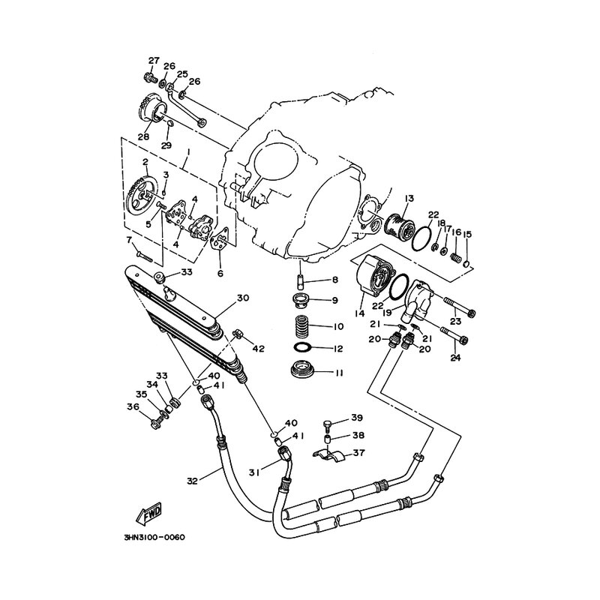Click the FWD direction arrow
[x=149, y=514]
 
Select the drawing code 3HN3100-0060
[x=154, y=538]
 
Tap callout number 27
[x=154, y=61]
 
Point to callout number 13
[x=409, y=198]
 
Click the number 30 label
[x=243, y=298]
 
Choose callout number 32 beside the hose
[x=192, y=481]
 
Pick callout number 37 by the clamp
[x=358, y=453]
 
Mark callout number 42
[x=259, y=349]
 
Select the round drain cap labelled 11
[x=302, y=370]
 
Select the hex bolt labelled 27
[x=151, y=78]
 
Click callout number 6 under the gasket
[x=220, y=273]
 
